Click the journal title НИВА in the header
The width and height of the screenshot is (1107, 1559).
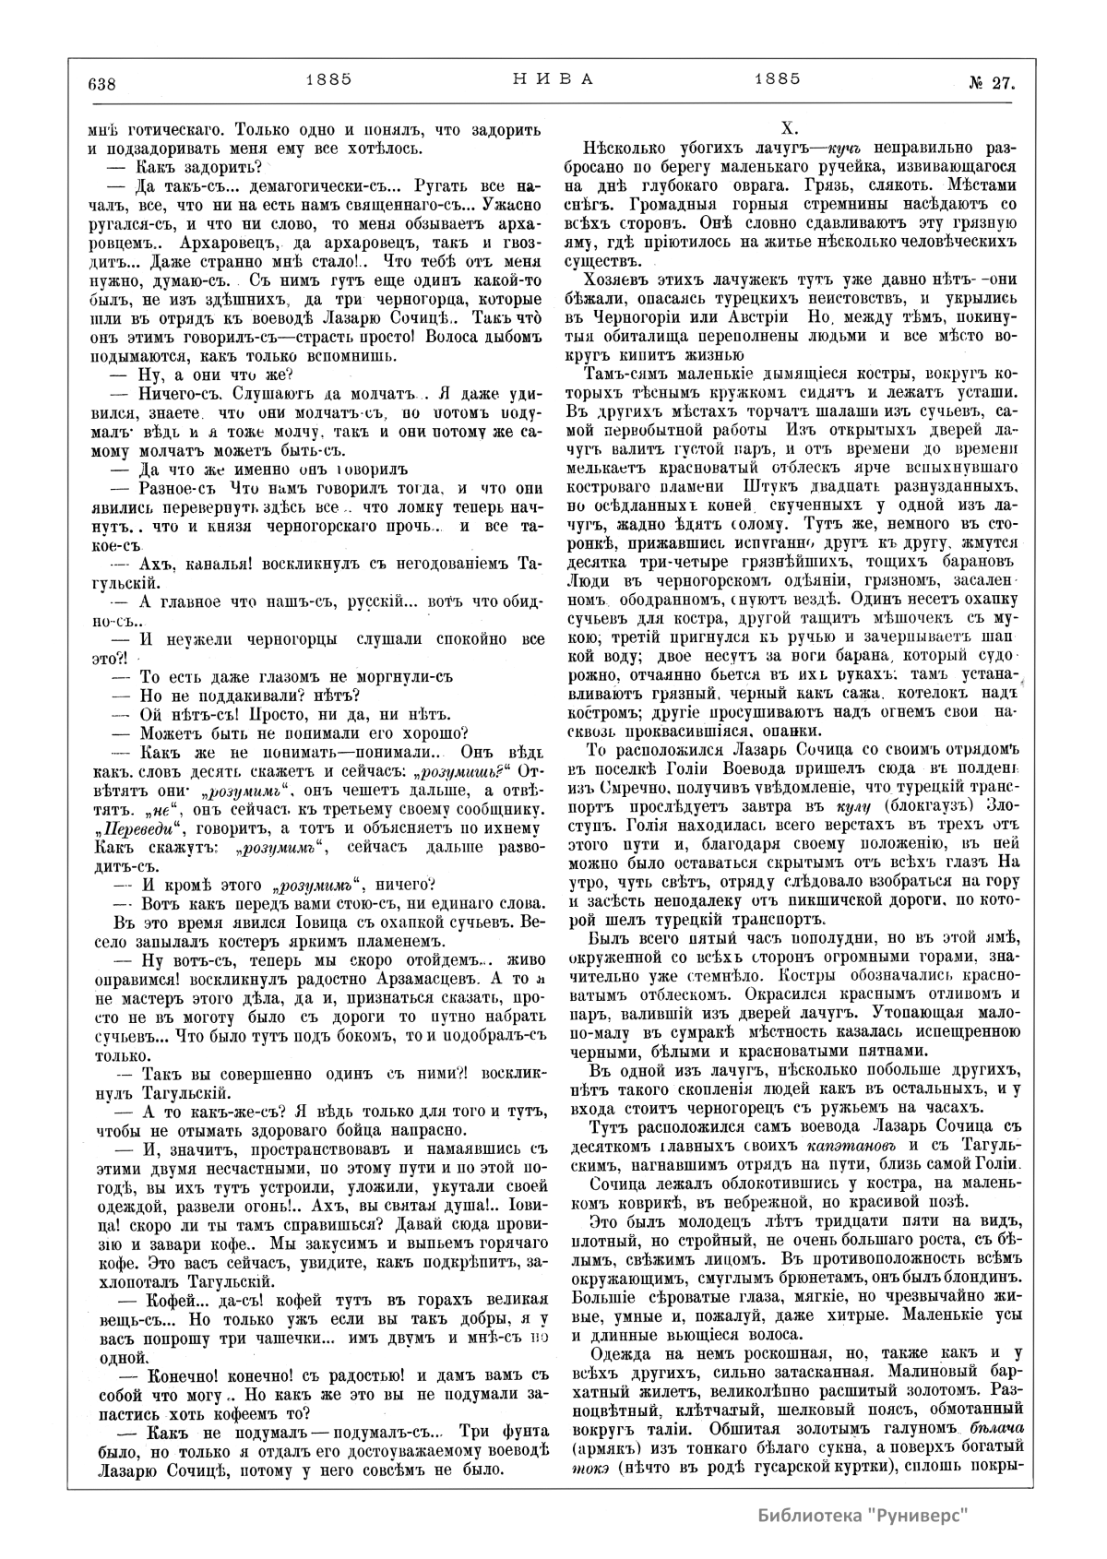[553, 79]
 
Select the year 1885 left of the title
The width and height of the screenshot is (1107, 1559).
[328, 79]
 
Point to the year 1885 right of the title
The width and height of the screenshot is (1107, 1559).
[776, 79]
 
